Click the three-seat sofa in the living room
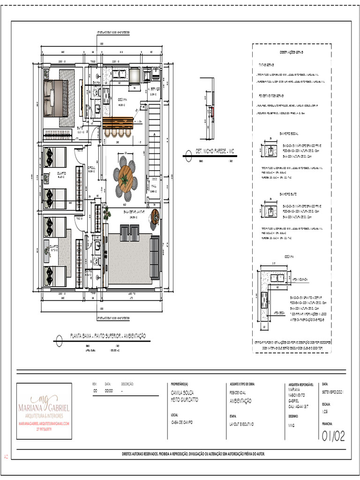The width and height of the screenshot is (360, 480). [x=154, y=257]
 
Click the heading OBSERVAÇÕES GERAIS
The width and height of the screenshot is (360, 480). [x=292, y=52]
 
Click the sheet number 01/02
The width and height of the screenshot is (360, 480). [x=333, y=436]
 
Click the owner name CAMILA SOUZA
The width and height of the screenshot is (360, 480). [x=182, y=392]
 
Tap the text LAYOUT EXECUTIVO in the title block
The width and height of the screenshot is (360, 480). [x=241, y=423]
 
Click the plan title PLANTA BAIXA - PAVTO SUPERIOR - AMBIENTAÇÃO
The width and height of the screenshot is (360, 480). [x=107, y=336]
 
